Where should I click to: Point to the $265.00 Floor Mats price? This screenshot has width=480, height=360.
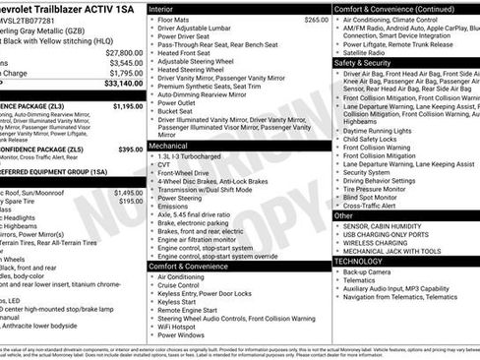click(316, 19)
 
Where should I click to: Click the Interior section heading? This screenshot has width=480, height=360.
click(161, 7)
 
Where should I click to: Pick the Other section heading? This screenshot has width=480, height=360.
click(344, 214)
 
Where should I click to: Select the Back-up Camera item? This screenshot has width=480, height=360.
click(373, 271)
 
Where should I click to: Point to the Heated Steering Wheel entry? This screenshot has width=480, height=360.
click(195, 69)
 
